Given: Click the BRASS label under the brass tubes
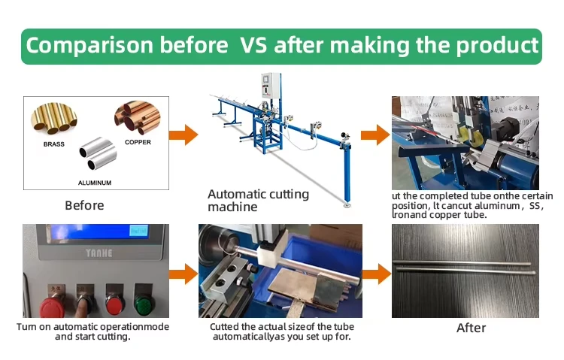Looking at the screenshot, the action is [54, 144].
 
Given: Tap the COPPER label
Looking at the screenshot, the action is [138, 142].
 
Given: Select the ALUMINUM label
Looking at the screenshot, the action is [95, 183].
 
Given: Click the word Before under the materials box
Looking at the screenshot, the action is [84, 205].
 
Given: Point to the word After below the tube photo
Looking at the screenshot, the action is [472, 328].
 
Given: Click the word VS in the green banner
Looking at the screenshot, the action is [253, 45].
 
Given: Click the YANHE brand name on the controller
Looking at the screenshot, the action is [99, 253].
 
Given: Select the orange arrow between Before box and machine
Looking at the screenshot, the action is [183, 135].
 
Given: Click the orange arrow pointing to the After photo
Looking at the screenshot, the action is [377, 274].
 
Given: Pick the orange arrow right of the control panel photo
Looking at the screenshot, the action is [183, 274].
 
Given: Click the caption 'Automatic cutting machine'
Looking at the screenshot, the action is [258, 201].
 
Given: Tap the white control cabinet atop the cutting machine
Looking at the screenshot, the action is [271, 86].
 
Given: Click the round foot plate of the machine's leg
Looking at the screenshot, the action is [347, 205].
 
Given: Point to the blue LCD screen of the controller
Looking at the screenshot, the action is [99, 231].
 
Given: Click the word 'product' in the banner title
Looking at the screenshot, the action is [498, 46].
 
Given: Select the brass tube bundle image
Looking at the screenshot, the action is [54, 118].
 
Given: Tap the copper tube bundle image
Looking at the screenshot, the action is [138, 117].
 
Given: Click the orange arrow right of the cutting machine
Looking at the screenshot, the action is [375, 135].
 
